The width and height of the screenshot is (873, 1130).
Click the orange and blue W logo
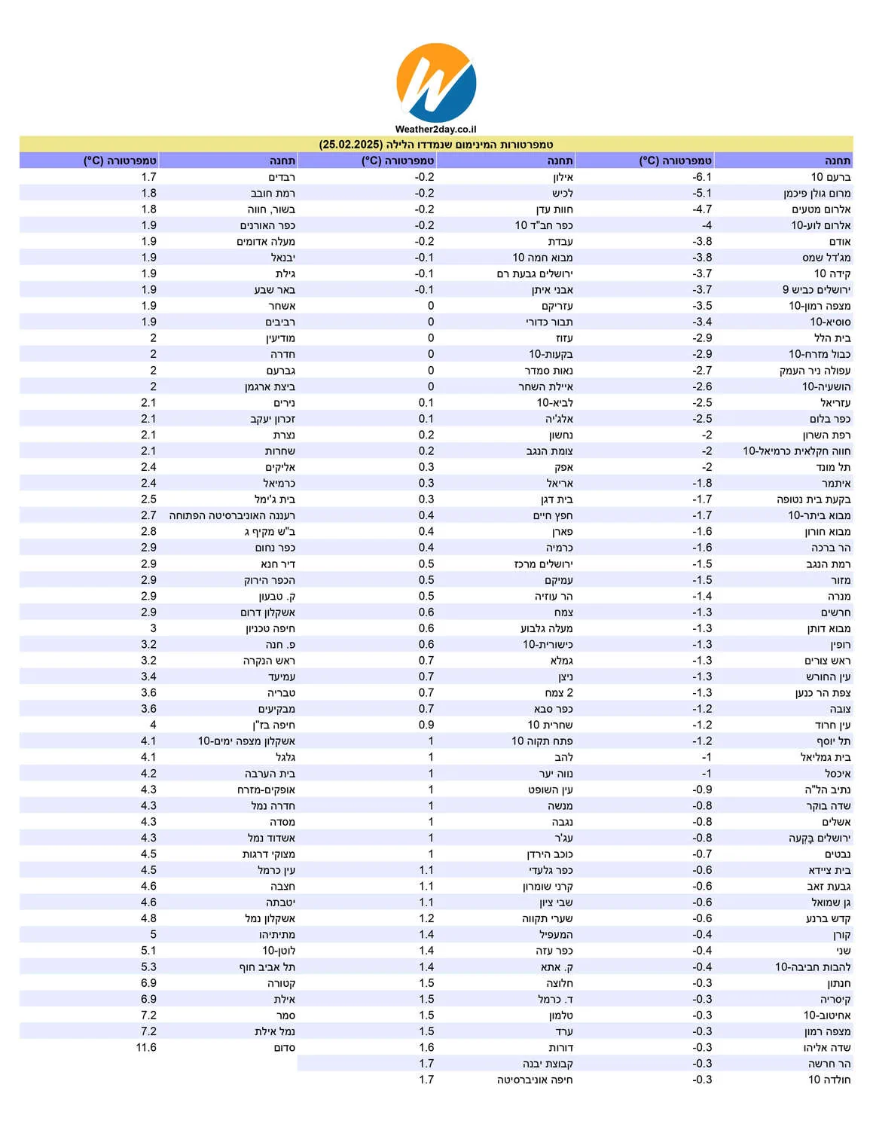tap(436, 82)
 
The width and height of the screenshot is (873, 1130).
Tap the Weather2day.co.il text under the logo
tap(435, 130)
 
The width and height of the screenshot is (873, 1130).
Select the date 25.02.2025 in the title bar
tap(351, 145)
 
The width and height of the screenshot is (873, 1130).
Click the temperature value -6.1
tap(701, 177)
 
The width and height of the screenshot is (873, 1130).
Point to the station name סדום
tap(284, 1048)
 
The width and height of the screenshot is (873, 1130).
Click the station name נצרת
tap(284, 435)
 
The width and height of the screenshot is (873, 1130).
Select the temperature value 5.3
tap(148, 967)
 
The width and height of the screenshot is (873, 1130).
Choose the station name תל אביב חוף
tap(267, 967)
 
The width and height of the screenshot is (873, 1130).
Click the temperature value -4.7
tap(701, 209)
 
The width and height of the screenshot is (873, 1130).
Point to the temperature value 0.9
tap(426, 725)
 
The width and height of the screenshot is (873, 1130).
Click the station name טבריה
tap(281, 693)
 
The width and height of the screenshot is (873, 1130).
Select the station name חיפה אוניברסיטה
tap(534, 1080)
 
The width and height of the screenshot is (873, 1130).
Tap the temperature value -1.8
tap(701, 484)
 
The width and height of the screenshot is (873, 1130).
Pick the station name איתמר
tap(835, 484)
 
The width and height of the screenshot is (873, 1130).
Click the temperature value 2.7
tap(148, 516)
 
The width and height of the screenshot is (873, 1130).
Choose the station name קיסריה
tap(835, 1000)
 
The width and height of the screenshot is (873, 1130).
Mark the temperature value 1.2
tap(426, 919)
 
